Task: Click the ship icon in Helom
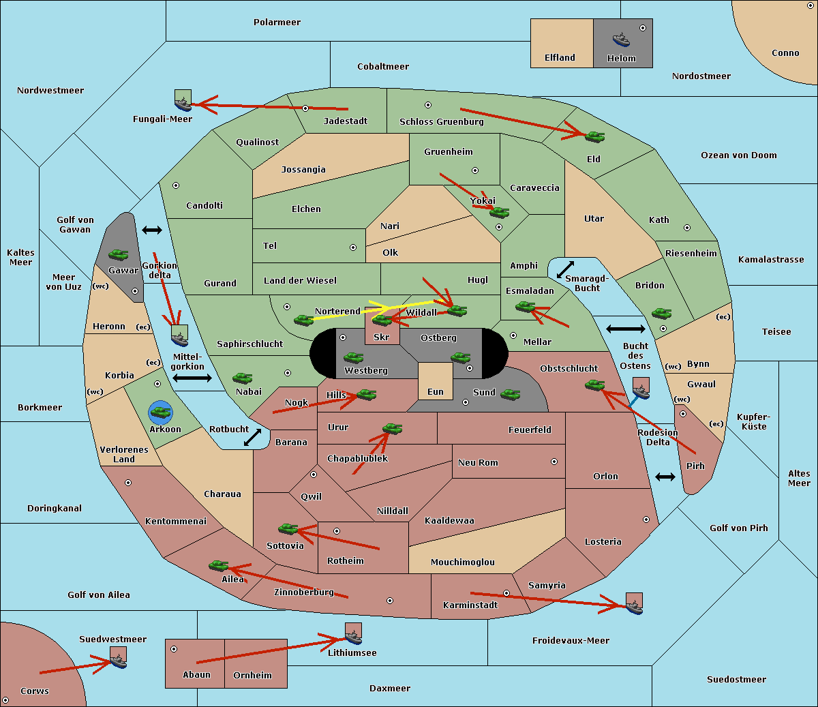click(621, 40)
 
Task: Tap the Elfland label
click(560, 58)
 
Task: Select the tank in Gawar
click(119, 254)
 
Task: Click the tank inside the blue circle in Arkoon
click(161, 412)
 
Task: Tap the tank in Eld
click(594, 137)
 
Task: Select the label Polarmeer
click(277, 22)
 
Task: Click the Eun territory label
click(436, 392)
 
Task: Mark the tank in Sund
click(510, 394)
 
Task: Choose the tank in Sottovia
click(288, 528)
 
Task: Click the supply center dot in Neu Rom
click(554, 462)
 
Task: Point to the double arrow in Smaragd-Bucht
click(565, 269)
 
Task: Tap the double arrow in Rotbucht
click(252, 437)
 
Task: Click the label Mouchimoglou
click(463, 562)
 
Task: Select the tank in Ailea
click(218, 566)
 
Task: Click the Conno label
click(785, 53)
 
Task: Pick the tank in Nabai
click(242, 378)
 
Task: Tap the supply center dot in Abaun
click(174, 649)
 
